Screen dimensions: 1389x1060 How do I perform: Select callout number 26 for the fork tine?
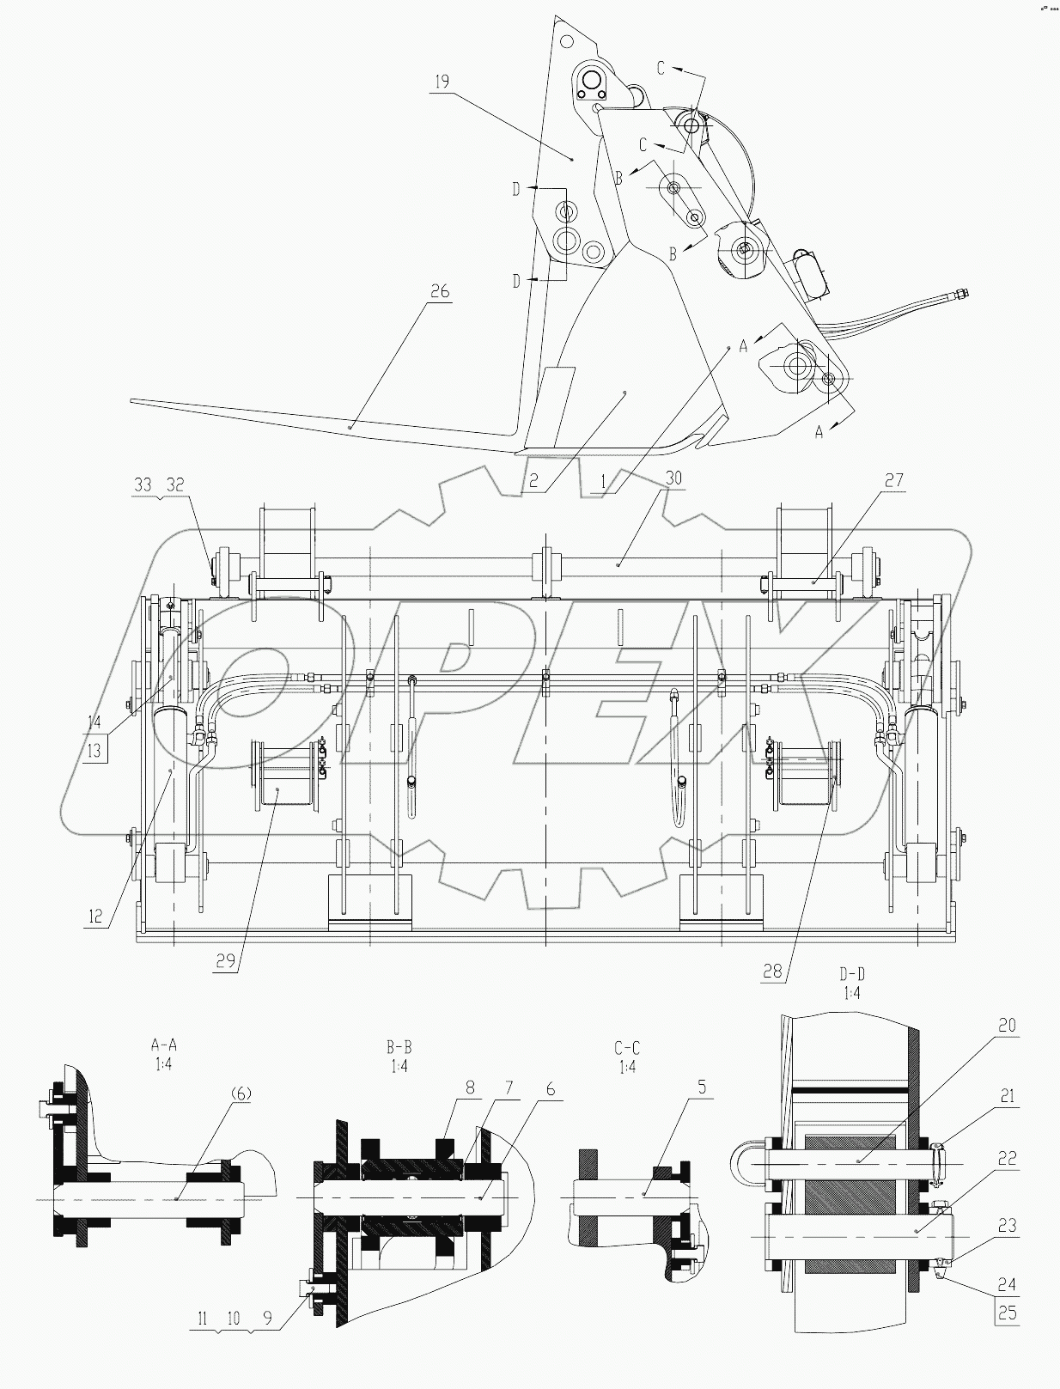[x=439, y=292]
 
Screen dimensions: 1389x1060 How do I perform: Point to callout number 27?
[x=893, y=480]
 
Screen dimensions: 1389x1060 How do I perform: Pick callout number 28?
[x=773, y=971]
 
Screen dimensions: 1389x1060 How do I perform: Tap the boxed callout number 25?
[x=1007, y=1313]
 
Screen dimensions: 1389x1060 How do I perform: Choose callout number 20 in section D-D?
[x=1007, y=1026]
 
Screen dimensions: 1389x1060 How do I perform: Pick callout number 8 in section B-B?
[x=469, y=1087]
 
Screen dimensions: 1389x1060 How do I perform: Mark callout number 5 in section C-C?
[x=702, y=1087]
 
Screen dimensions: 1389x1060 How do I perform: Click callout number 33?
[x=143, y=485]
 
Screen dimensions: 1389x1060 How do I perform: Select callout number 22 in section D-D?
[x=1007, y=1159]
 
